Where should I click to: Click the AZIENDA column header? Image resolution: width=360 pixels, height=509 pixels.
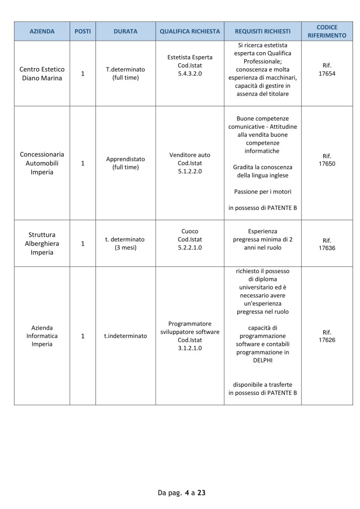[x=42, y=31]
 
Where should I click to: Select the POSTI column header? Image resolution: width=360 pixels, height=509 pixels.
[x=83, y=31]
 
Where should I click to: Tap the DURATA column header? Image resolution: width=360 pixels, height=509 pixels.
[x=125, y=31]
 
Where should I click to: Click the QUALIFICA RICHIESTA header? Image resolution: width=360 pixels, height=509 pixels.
[x=189, y=31]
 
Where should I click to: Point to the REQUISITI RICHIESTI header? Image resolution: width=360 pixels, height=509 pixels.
[x=263, y=31]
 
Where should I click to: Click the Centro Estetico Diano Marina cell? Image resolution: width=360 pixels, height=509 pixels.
[x=42, y=74]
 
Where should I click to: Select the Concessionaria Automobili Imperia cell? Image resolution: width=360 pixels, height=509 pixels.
[x=42, y=163]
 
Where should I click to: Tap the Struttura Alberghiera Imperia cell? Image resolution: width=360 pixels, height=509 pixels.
[x=42, y=244]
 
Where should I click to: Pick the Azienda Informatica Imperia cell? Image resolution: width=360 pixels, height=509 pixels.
[x=42, y=336]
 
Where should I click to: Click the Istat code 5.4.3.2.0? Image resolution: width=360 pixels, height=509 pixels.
[x=189, y=73]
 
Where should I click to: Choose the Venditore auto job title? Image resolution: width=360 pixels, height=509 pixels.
[x=189, y=155]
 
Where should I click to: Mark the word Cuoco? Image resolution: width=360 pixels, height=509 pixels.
[x=189, y=231]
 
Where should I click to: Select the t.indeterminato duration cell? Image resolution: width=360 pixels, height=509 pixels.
[x=125, y=336]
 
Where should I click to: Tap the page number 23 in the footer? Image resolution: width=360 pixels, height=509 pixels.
[x=201, y=493]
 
